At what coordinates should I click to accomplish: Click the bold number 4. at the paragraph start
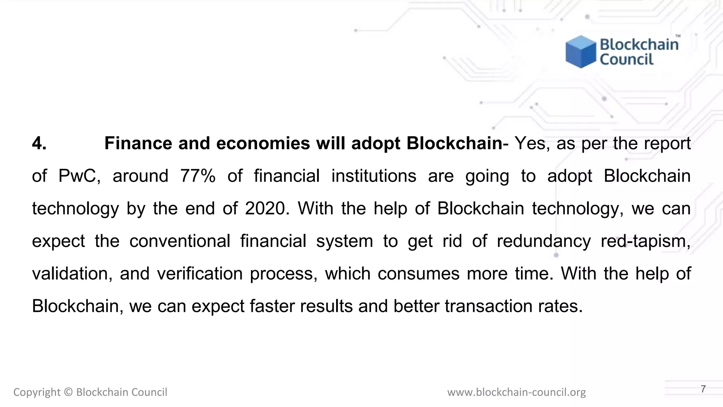[39, 143]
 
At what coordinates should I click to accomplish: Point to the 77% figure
[198, 176]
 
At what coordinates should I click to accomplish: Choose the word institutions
[374, 176]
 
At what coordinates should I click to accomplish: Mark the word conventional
[180, 241]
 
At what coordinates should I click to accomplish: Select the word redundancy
[543, 241]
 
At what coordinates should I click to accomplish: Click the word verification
[199, 273]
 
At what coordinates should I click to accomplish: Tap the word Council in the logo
[626, 59]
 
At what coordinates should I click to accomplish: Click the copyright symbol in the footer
[68, 392]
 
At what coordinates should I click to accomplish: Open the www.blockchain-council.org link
[516, 392]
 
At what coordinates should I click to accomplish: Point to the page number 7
[703, 389]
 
